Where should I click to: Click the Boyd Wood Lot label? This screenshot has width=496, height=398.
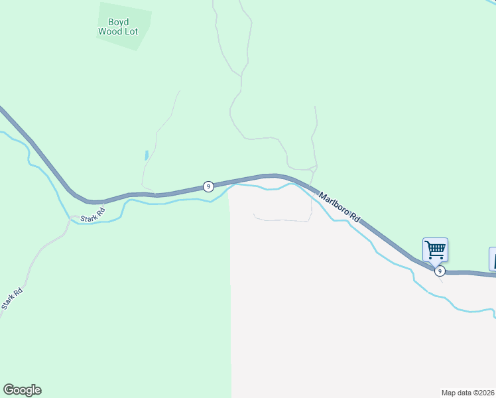click(118, 27)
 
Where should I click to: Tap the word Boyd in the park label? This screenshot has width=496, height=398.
click(118, 21)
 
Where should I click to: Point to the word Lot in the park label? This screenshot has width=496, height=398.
click(131, 31)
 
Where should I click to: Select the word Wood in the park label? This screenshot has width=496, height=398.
click(110, 31)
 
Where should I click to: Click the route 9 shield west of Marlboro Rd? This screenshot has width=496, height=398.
click(208, 186)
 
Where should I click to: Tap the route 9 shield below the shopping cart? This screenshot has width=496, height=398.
click(439, 271)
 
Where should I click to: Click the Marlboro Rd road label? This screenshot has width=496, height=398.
click(339, 207)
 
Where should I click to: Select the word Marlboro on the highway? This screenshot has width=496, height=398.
click(334, 203)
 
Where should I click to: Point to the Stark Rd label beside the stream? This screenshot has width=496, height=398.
click(93, 215)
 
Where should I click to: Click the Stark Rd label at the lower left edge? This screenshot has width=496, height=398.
click(12, 299)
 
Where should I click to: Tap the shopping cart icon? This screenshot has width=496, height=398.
click(435, 250)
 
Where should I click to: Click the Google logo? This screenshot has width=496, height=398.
click(22, 390)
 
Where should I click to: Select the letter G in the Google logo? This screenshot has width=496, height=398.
click(9, 389)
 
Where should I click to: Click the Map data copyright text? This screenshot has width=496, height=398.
click(468, 393)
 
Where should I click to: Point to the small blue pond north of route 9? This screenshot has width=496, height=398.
click(146, 156)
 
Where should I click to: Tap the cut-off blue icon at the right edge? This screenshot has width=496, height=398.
click(493, 258)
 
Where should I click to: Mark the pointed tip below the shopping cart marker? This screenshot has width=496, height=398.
click(435, 265)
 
